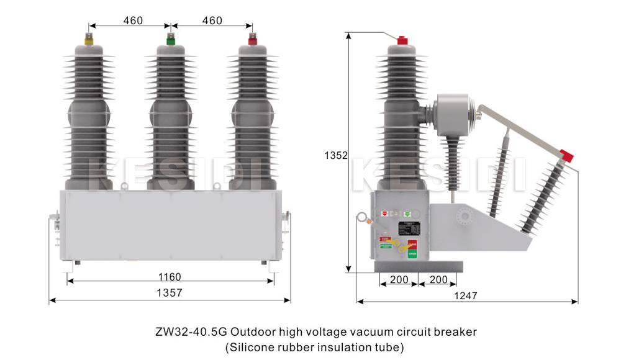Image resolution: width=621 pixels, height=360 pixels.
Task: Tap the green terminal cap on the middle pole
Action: [170, 41]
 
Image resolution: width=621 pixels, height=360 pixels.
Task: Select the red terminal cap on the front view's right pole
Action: [252, 41]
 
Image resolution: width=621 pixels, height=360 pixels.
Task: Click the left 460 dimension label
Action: [133, 20]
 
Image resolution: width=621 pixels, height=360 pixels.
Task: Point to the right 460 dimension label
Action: [212, 20]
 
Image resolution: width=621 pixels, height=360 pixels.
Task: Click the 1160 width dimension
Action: [169, 277]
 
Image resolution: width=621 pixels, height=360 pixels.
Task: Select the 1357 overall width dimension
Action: [169, 293]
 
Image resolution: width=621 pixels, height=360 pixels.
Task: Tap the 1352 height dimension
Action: [335, 155]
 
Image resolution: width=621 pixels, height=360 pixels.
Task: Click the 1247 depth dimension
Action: [466, 296]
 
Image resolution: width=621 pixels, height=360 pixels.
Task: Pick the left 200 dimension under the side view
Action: [399, 280]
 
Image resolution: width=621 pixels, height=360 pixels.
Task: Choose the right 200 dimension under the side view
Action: [438, 280]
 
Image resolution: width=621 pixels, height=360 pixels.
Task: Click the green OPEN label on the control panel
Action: [412, 253]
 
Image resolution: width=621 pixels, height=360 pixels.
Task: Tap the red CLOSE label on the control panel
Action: [412, 243]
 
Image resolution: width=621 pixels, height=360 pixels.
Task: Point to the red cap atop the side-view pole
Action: [402, 40]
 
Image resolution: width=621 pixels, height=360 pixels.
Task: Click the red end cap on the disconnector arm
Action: [567, 155]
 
